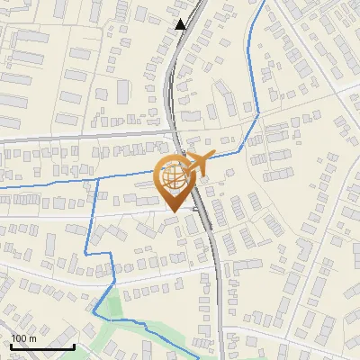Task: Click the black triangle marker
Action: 181,24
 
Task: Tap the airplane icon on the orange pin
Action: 199,164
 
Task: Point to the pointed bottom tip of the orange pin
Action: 174,211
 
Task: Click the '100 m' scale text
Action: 23,337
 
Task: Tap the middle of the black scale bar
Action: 41,346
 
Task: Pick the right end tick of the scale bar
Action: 74,345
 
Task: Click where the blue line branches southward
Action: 96,178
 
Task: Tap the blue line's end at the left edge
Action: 2,187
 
